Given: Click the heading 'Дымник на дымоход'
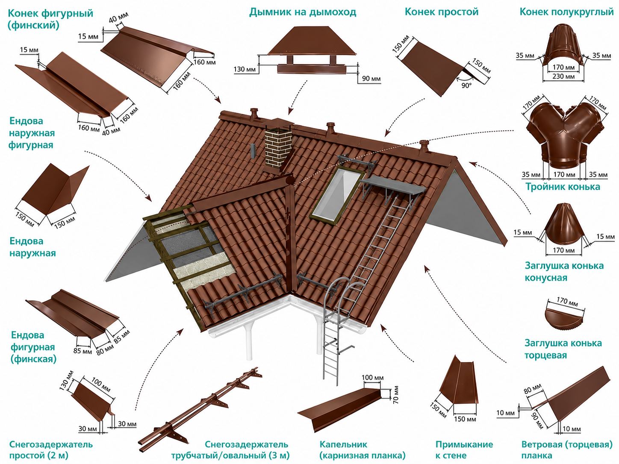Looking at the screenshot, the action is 302,12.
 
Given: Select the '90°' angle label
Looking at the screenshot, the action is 466,85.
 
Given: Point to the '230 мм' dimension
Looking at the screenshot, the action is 563,76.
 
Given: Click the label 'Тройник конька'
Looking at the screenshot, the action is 563,187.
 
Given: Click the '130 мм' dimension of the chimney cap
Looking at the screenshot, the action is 245,69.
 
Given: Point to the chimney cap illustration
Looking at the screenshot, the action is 311,49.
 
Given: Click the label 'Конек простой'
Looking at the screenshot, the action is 442,12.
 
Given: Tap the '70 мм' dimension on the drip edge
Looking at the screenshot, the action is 396,394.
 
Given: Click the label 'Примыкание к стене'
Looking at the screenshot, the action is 464,449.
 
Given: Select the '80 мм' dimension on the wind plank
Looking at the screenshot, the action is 533,389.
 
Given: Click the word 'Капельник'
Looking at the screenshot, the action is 343,444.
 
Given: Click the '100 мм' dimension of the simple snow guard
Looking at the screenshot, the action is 101,385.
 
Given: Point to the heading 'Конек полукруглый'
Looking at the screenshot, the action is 566,12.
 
